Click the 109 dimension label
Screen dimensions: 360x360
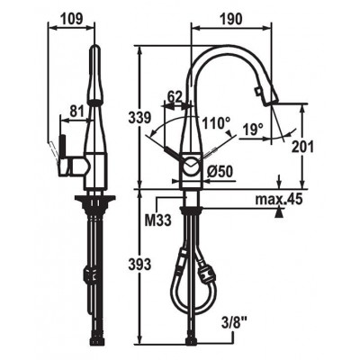pyautogui.click(x=71, y=20)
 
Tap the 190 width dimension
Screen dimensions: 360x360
pyautogui.click(x=230, y=20)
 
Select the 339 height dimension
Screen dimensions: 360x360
pyautogui.click(x=139, y=117)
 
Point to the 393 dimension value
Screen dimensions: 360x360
pyautogui.click(x=139, y=265)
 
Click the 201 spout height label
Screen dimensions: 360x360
pyautogui.click(x=302, y=147)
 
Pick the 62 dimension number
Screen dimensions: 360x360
pyautogui.click(x=175, y=96)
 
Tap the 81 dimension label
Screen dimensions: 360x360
pyautogui.click(x=76, y=112)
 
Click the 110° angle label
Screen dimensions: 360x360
pyautogui.click(x=216, y=122)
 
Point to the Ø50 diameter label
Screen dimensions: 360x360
pyautogui.click(x=220, y=172)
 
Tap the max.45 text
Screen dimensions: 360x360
pyautogui.click(x=278, y=199)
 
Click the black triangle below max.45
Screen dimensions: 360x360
pyautogui.click(x=280, y=213)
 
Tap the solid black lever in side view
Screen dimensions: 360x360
pyautogui.click(x=63, y=147)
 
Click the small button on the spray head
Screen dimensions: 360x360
pyautogui.click(x=257, y=91)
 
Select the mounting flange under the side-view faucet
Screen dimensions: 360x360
pyautogui.click(x=94, y=199)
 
